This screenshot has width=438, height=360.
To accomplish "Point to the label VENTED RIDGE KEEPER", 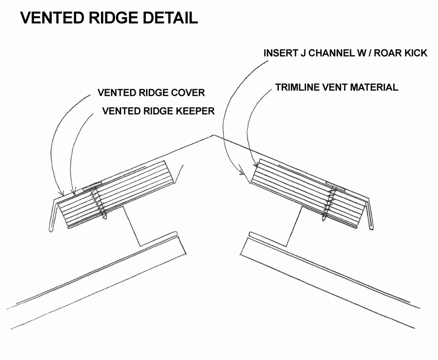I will point(158,111).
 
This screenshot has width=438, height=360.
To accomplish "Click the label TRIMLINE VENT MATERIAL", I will point(337,88).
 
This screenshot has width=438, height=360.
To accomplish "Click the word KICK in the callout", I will point(414,53).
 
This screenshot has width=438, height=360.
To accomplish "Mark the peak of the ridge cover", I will point(213,136).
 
